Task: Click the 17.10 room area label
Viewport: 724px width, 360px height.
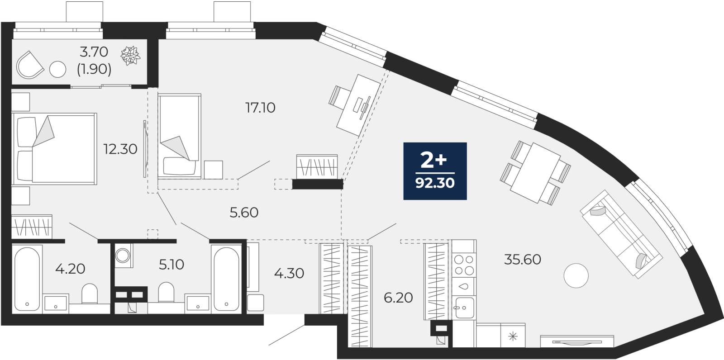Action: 260,108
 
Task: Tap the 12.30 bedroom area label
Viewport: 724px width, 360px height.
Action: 120,149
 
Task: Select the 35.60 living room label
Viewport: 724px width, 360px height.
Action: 523,260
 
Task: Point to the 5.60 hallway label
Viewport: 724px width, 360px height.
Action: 244,213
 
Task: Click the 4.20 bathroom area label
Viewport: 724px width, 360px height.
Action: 70,269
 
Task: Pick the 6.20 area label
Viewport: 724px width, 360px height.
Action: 398,298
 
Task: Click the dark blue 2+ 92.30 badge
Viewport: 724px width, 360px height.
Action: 435,171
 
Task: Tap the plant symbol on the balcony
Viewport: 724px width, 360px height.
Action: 130,56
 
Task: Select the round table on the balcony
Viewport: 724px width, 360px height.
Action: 58,69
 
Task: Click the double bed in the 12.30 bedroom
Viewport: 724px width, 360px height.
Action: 54,149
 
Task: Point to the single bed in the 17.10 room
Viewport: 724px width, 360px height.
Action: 179,136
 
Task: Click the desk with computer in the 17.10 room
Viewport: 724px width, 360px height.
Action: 358,105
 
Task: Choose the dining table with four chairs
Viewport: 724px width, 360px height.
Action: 536,173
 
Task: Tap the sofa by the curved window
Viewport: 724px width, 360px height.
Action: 621,234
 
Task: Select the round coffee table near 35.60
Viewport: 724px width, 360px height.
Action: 576,276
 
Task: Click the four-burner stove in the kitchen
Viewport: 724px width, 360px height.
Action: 464,265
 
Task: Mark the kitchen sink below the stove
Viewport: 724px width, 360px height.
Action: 464,308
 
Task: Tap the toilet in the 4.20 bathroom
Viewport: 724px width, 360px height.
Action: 90,294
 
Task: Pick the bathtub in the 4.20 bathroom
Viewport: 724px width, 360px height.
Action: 27,279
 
